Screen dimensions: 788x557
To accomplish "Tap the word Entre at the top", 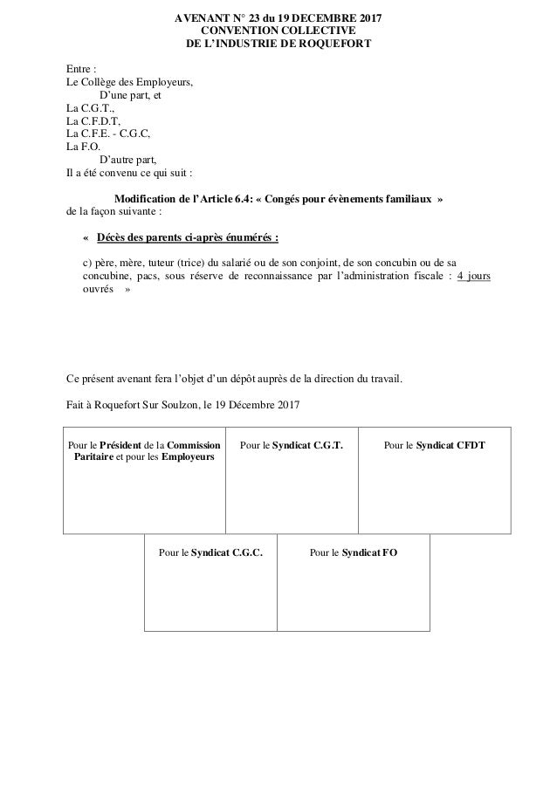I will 79,69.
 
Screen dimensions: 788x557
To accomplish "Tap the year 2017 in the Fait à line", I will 287,406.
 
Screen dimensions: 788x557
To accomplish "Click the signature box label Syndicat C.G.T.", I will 307,445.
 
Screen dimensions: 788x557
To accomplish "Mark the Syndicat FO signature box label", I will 370,552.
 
